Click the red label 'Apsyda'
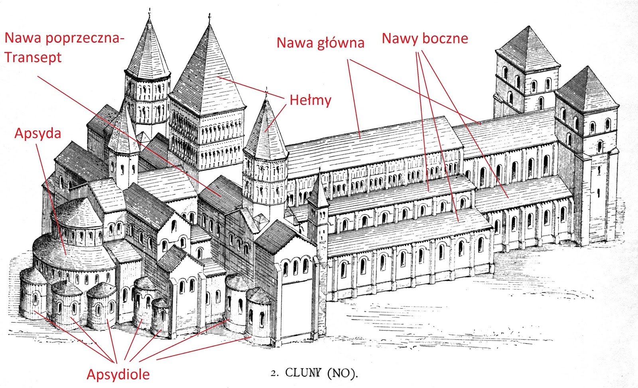37,134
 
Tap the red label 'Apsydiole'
118,374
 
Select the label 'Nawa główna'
320,43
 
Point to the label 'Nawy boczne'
425,39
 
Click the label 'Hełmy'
310,100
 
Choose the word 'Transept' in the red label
33,57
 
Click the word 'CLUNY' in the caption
303,373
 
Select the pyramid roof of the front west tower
586,90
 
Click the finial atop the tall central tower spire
209,18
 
